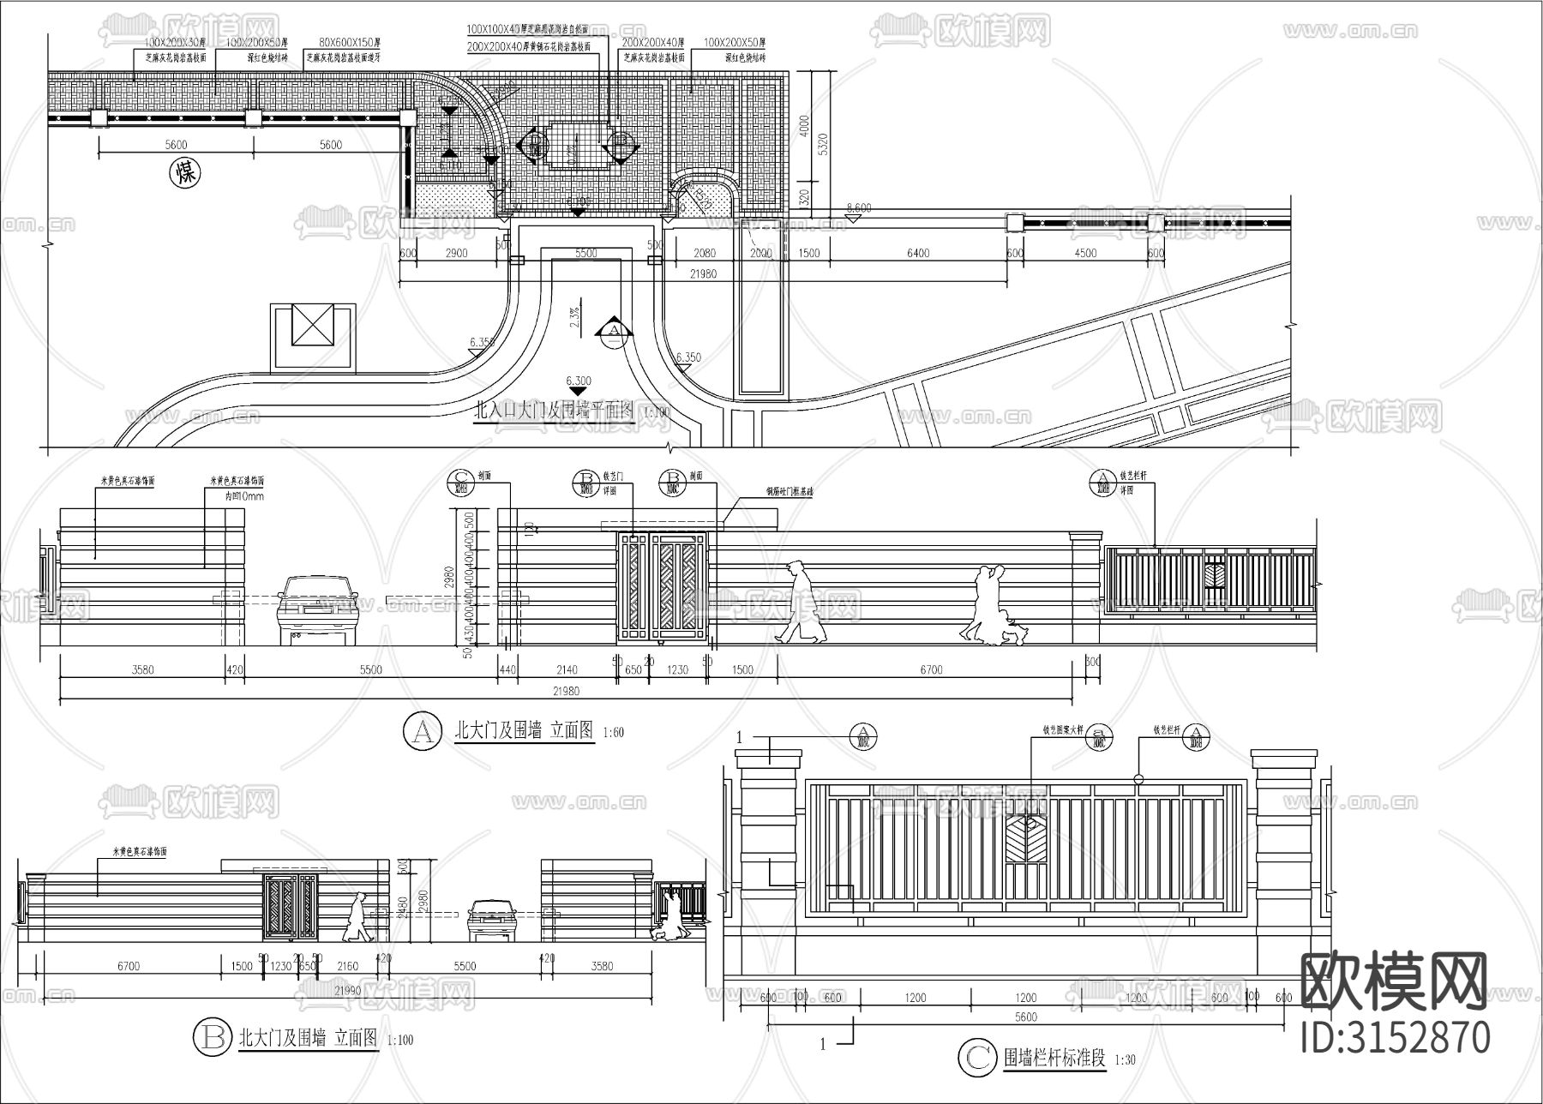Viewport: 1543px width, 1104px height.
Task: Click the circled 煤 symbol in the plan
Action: coord(185,173)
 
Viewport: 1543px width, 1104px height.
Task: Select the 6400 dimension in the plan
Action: coord(917,253)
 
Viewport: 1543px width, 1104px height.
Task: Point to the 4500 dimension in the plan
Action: coord(1084,253)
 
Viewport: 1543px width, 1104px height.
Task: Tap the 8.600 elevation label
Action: coord(858,207)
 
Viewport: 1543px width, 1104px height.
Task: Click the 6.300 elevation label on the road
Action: coord(579,381)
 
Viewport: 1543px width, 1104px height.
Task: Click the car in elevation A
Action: coord(317,609)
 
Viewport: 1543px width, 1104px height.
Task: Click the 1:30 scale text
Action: coord(1125,1060)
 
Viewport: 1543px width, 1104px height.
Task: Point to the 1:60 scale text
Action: coord(614,733)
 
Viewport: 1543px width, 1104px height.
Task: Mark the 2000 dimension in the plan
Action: coord(760,253)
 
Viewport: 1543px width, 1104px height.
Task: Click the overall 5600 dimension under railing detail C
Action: coord(1025,1017)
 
